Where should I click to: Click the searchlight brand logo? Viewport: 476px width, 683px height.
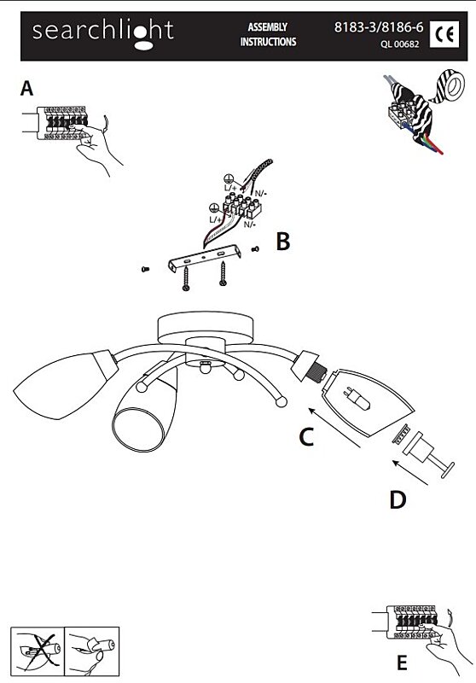(103, 33)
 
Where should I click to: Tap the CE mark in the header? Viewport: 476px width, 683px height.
(444, 34)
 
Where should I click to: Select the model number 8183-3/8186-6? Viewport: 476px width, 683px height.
(379, 27)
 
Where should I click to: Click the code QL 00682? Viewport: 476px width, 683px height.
(400, 44)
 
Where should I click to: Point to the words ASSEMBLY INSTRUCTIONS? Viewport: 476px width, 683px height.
(268, 34)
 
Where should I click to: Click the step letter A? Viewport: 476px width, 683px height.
(26, 88)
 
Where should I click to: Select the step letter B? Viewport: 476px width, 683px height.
(283, 241)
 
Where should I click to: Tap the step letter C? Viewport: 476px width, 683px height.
(306, 437)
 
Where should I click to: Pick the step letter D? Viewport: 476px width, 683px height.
(398, 499)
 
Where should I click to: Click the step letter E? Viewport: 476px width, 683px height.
(402, 663)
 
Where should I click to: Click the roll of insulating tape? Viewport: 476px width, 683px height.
(450, 87)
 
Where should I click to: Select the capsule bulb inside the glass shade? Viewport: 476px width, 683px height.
(358, 397)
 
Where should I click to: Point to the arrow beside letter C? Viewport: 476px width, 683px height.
(334, 428)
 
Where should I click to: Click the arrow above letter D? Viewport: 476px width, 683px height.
(410, 472)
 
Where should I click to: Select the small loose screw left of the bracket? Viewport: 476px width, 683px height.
(145, 269)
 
